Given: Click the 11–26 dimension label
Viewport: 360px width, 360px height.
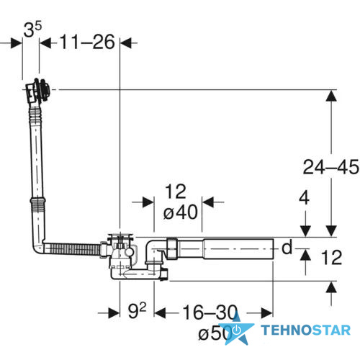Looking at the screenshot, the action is [x=87, y=42].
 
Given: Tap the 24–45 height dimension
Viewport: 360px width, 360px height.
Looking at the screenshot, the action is [x=331, y=167].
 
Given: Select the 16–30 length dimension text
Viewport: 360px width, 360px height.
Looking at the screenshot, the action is [x=210, y=312].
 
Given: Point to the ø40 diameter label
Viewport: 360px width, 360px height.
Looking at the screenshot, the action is [x=181, y=212].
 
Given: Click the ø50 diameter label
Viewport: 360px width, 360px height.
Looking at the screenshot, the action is [x=215, y=333].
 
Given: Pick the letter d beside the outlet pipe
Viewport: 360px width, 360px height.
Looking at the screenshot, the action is [x=287, y=247].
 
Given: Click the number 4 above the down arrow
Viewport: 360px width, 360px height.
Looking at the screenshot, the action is [x=304, y=198].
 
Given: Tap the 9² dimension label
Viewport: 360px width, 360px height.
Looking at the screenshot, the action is [x=137, y=310].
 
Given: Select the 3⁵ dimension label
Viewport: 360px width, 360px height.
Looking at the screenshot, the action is [x=32, y=29].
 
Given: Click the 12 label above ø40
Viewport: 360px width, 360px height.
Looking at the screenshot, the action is [x=176, y=192].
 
